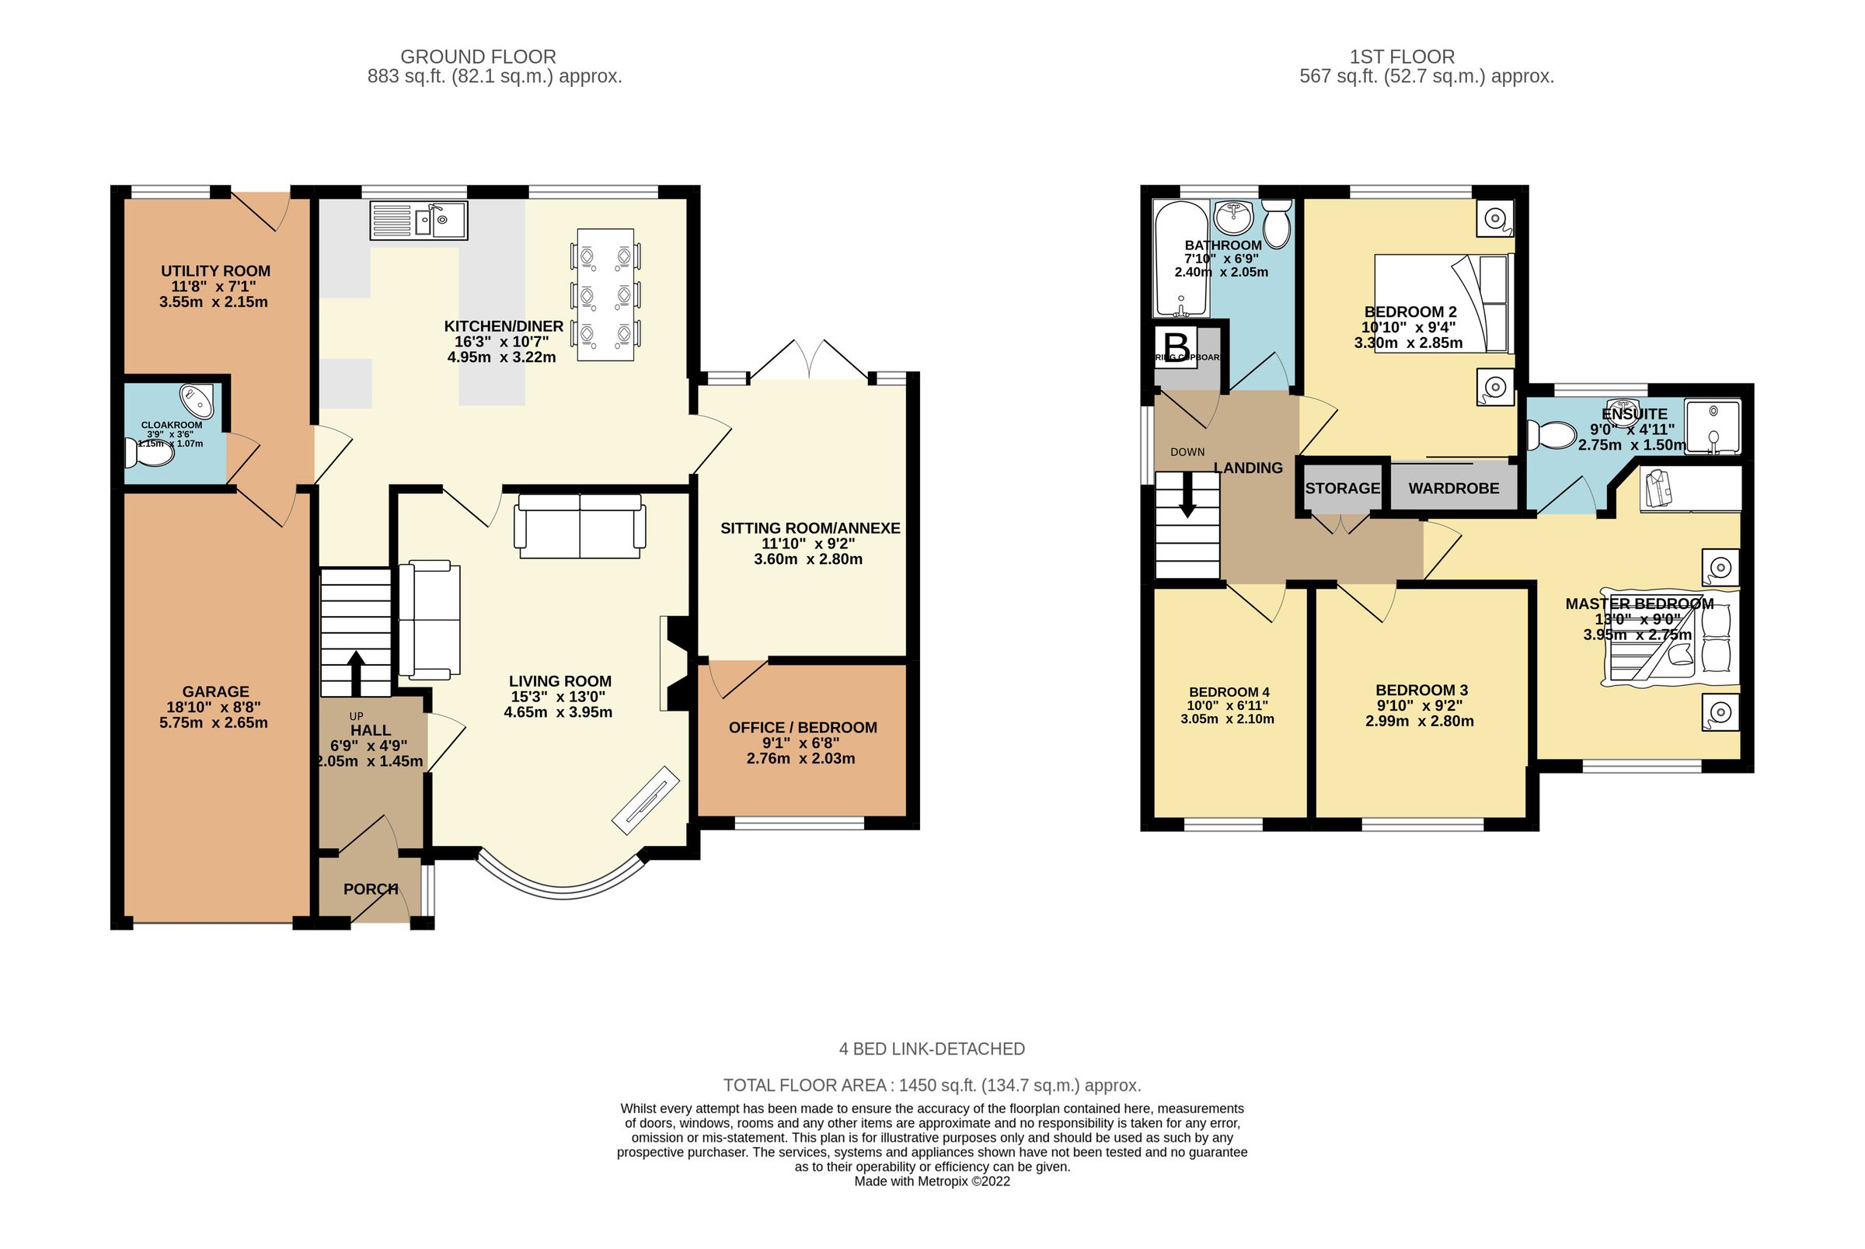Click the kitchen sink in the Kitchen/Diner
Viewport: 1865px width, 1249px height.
[418, 221]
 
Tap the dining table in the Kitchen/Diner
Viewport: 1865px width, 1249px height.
[605, 294]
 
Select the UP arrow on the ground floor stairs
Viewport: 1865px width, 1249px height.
[355, 673]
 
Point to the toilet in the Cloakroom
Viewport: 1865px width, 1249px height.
[150, 454]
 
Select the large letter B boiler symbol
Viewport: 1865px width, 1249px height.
[1177, 347]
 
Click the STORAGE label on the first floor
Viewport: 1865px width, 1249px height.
[1342, 489]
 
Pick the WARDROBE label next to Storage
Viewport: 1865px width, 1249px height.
[1453, 489]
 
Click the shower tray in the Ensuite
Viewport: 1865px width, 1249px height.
[1712, 427]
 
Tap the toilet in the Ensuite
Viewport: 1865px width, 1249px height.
[1550, 436]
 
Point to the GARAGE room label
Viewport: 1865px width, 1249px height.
[215, 691]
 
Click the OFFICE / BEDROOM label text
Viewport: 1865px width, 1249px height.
[802, 727]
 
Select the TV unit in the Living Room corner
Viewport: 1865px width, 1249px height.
[645, 800]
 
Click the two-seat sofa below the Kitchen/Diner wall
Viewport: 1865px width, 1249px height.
[579, 526]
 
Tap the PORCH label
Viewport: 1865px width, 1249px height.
[371, 889]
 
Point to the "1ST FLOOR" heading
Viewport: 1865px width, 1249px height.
[1401, 57]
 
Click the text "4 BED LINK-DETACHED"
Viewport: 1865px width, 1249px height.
[931, 1049]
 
